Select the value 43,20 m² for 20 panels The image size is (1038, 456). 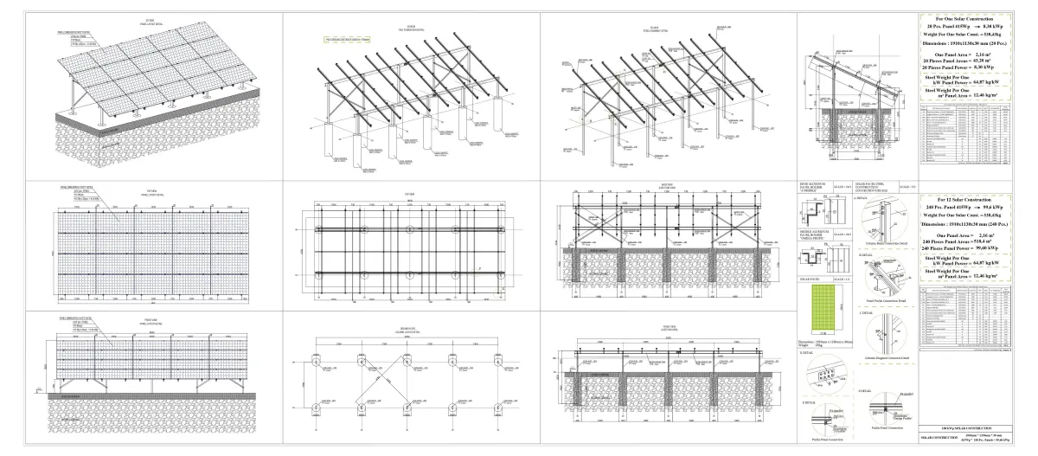(981, 61)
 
